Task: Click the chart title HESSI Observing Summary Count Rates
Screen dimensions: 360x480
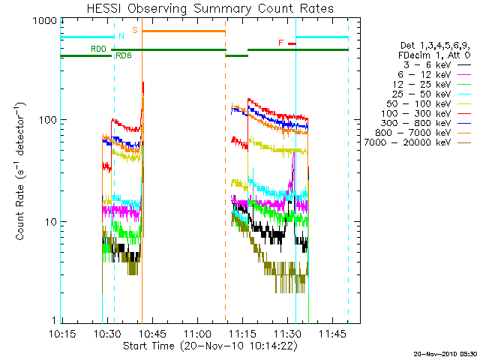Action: coord(211,9)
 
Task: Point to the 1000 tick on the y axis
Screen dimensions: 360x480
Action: coord(42,22)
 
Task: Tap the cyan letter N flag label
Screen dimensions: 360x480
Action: coord(121,35)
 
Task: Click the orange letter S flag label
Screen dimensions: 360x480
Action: coord(135,30)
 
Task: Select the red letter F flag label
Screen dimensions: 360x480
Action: coord(281,43)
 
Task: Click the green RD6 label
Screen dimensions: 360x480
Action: coord(124,55)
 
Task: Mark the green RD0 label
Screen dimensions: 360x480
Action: coord(98,49)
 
